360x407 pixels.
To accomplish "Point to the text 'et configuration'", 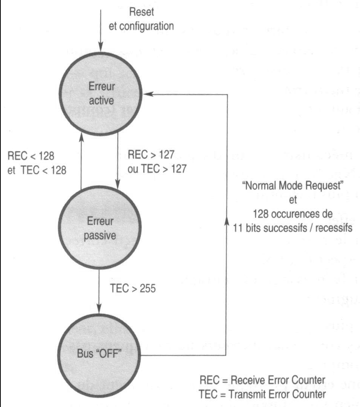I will pos(141,26).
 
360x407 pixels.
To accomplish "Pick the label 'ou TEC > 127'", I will pos(157,169).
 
